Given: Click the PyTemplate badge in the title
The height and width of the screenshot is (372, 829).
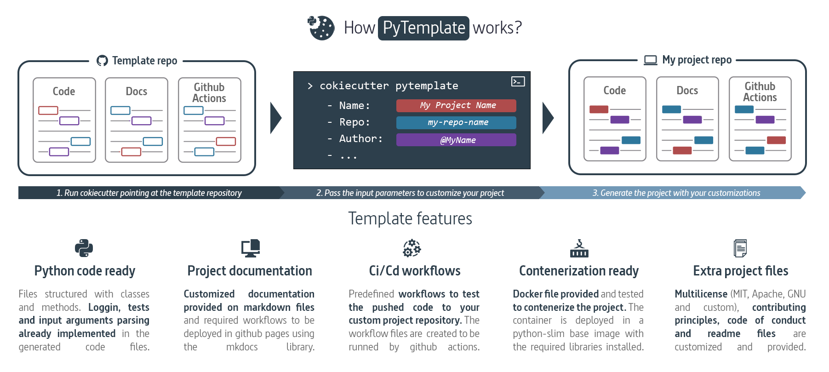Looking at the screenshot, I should click(x=423, y=28).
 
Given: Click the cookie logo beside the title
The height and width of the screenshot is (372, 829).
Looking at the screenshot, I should click(x=321, y=28).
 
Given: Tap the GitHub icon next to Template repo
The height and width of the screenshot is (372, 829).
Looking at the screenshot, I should click(x=102, y=61).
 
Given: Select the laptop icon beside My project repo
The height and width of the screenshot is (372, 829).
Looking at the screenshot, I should click(x=650, y=60).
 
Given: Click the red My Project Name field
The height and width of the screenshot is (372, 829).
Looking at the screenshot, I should click(x=456, y=106).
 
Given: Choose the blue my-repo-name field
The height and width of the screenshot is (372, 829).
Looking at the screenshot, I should click(x=456, y=123).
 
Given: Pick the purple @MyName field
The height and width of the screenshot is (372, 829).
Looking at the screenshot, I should click(x=456, y=140).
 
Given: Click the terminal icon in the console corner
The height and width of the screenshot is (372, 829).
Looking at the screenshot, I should click(x=518, y=82).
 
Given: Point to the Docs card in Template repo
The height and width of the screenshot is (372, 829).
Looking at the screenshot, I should click(x=137, y=120).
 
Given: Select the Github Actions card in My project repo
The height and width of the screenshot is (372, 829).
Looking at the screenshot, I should click(x=760, y=119).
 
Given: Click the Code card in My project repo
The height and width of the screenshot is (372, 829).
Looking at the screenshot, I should click(x=615, y=119).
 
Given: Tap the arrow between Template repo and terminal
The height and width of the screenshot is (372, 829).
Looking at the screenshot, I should click(x=275, y=118).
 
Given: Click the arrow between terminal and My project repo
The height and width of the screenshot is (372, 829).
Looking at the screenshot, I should click(x=548, y=118).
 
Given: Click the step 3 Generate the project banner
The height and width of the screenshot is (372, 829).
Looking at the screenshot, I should click(x=675, y=193).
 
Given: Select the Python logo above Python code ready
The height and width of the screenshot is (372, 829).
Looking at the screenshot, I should click(x=84, y=248).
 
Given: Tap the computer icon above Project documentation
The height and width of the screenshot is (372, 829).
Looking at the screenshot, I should click(x=251, y=248).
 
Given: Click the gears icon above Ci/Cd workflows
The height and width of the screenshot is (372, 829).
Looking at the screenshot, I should click(x=412, y=248).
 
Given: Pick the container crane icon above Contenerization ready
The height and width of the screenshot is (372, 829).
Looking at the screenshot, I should click(x=579, y=248).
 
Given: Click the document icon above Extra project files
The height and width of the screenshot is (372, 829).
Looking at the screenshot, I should click(x=740, y=248).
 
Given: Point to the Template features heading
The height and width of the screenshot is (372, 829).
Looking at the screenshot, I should click(x=410, y=219).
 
